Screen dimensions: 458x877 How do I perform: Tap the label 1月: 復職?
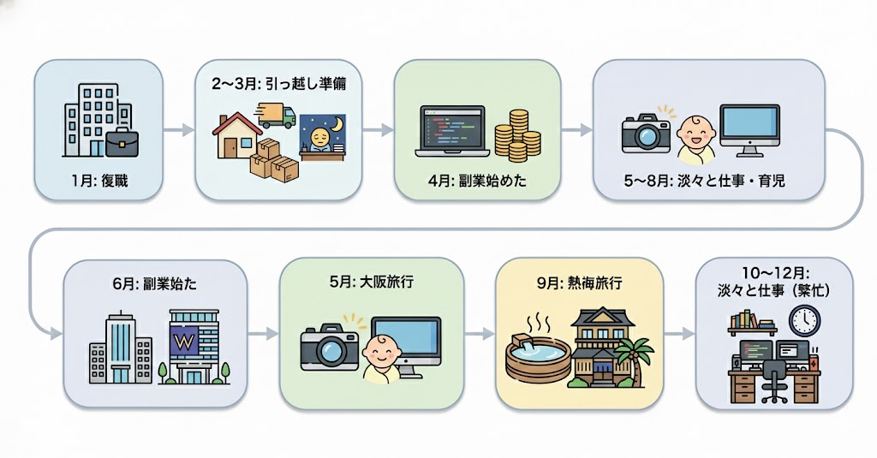pos(99,181)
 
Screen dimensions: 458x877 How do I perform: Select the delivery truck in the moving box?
pos(276,115)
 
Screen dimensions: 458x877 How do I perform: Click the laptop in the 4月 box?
pos(450,131)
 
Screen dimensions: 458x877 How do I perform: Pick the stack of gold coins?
pos(516,135)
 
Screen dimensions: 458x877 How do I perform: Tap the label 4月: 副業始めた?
pos(476,181)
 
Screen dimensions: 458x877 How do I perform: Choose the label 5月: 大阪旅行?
pos(371,281)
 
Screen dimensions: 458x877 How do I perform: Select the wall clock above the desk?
pos(804,321)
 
